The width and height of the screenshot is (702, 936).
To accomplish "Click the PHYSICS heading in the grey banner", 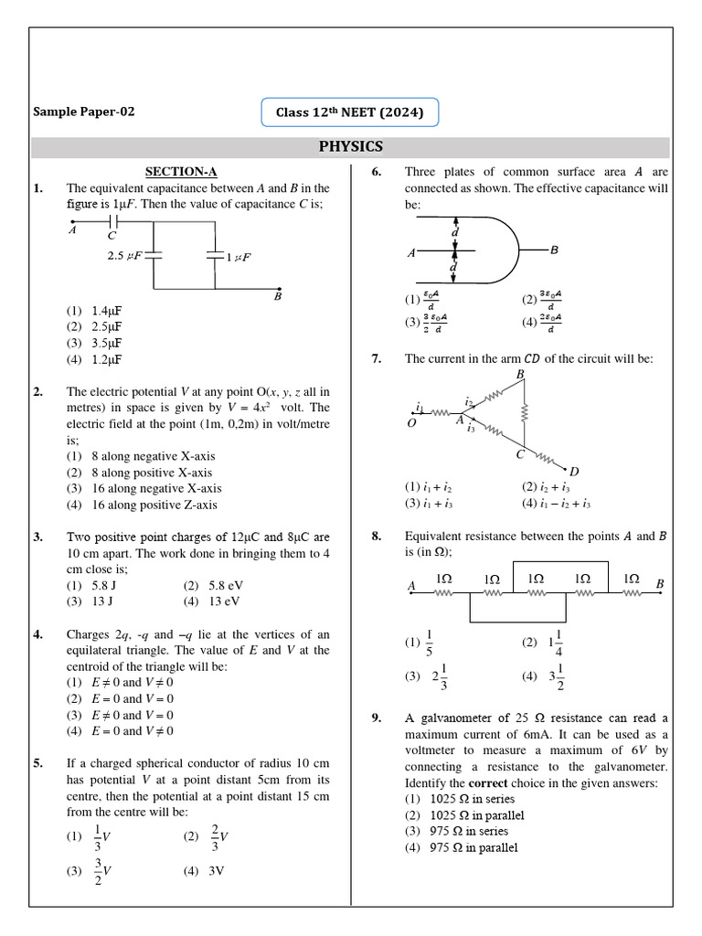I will point(351,147).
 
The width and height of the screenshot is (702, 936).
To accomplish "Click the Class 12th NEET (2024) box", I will point(350,113).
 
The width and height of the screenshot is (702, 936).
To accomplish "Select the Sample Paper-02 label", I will point(84,112).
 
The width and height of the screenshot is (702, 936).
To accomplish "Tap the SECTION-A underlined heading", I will point(181,171).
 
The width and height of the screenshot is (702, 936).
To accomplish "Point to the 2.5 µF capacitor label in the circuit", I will point(125,257).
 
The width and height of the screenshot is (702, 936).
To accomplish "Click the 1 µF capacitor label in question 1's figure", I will point(239,258).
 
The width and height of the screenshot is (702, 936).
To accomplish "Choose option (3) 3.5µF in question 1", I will point(94,343).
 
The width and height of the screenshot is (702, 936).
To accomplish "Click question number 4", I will point(37,634).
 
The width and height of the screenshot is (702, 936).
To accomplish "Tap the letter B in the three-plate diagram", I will point(554,250).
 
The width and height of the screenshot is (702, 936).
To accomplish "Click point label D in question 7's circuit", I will point(574,471).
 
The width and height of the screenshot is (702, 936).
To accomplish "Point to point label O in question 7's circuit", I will point(410,423).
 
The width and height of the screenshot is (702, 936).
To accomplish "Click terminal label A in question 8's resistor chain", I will point(411,585).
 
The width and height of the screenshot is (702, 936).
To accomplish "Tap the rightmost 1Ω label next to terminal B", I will point(631,579).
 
